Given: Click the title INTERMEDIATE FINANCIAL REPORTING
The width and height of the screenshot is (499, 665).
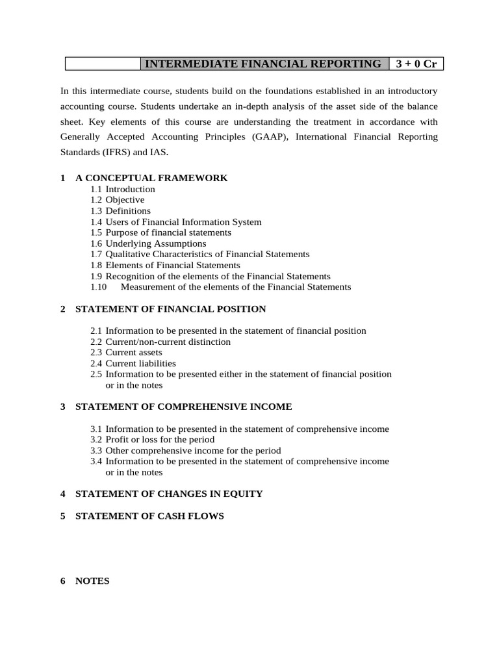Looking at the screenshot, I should (262, 64).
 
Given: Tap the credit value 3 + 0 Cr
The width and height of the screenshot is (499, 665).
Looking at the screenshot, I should (416, 64).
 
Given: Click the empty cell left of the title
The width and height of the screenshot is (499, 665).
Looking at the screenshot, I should (103, 64).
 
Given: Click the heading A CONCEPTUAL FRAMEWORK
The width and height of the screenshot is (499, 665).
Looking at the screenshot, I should (151, 178).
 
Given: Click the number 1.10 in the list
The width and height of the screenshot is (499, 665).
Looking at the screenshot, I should (99, 286).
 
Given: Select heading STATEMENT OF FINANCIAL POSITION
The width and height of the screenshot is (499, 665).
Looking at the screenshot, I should (170, 309).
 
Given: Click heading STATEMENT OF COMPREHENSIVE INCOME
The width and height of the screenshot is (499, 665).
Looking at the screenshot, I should (184, 407).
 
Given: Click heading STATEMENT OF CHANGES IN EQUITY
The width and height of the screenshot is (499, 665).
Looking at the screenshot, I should (169, 494).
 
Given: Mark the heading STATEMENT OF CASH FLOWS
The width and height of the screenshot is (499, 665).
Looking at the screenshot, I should (149, 516).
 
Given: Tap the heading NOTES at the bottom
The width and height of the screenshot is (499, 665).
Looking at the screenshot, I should (92, 581).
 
